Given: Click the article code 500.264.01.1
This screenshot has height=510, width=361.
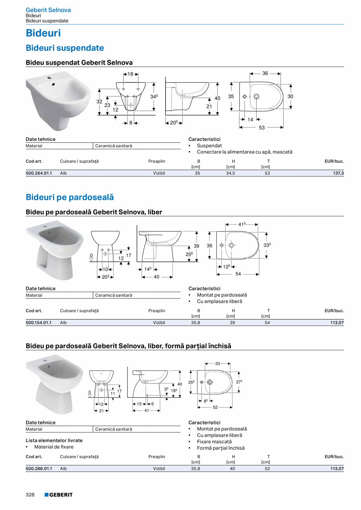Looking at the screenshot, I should point(38,173).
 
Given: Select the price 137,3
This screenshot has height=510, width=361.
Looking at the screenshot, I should point(338,173).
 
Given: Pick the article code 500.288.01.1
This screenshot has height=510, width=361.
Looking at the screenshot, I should point(38,468).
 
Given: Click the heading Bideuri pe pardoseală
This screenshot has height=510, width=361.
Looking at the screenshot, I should point(69,197).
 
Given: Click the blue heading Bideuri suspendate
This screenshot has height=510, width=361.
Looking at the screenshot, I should point(65,48).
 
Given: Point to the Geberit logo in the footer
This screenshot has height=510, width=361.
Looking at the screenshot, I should point(58,495).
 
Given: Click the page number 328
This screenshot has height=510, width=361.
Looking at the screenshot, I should point(30,495).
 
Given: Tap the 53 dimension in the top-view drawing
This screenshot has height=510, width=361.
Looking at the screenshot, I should point(262,127).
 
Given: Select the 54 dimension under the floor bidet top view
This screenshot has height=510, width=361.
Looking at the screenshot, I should point(238,274).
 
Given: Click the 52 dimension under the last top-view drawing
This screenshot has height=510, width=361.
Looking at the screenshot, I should point(215,407).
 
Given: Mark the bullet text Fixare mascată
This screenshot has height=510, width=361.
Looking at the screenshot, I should point(214,442).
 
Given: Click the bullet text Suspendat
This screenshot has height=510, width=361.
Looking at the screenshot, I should point(209,146).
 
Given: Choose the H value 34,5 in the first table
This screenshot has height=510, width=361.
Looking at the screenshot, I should point(231,173).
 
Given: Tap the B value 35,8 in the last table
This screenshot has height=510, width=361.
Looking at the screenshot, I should point(195,468).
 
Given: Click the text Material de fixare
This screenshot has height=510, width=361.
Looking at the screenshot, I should point(54,447).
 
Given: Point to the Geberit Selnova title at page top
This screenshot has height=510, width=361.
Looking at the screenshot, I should point(48,10).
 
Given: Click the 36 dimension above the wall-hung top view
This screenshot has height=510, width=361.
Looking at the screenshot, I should point(265,73).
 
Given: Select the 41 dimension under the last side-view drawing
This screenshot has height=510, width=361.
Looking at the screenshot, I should point(147,410).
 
